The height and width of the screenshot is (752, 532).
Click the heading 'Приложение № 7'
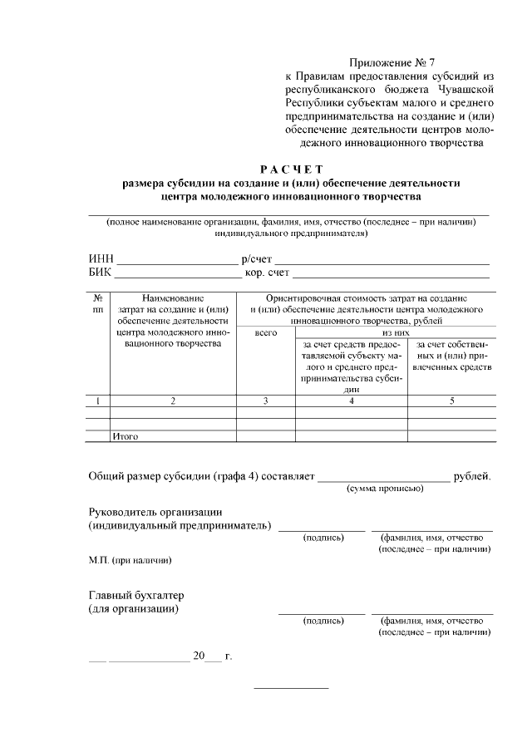point(392,61)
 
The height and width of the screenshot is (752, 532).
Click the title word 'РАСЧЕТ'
point(290,170)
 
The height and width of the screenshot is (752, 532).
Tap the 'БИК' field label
point(101,273)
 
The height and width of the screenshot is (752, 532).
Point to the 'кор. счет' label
point(268,273)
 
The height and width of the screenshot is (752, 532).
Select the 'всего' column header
point(266,332)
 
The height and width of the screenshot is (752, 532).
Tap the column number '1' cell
point(98,401)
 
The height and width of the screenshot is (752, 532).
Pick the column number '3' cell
point(266,401)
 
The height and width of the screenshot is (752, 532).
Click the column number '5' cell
point(452,401)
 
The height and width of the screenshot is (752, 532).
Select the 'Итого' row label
point(126,436)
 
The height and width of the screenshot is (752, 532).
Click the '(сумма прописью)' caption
point(385,489)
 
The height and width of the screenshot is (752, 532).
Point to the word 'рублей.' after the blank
point(471,476)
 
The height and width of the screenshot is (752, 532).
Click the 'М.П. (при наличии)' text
point(131,560)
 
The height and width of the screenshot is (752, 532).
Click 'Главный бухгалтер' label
point(135,596)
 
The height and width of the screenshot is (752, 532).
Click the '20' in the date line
point(199,656)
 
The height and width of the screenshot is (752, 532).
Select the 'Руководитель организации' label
point(155,512)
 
